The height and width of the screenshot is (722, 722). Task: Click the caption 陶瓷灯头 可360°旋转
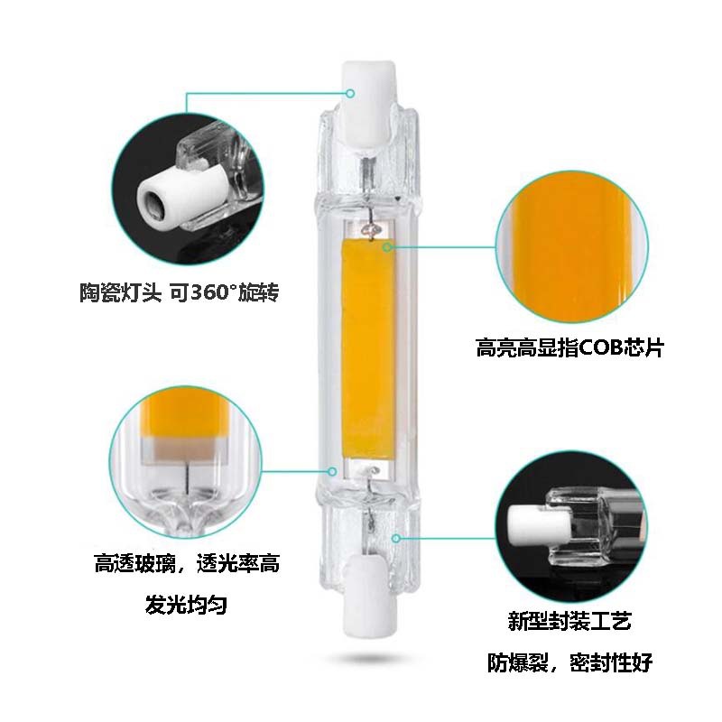185,292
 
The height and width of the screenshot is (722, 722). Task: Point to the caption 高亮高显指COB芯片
569,347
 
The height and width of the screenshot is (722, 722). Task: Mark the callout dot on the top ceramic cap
353,91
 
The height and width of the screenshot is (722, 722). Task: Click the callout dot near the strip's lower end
334,469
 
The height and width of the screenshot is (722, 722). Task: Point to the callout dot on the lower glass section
396,537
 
